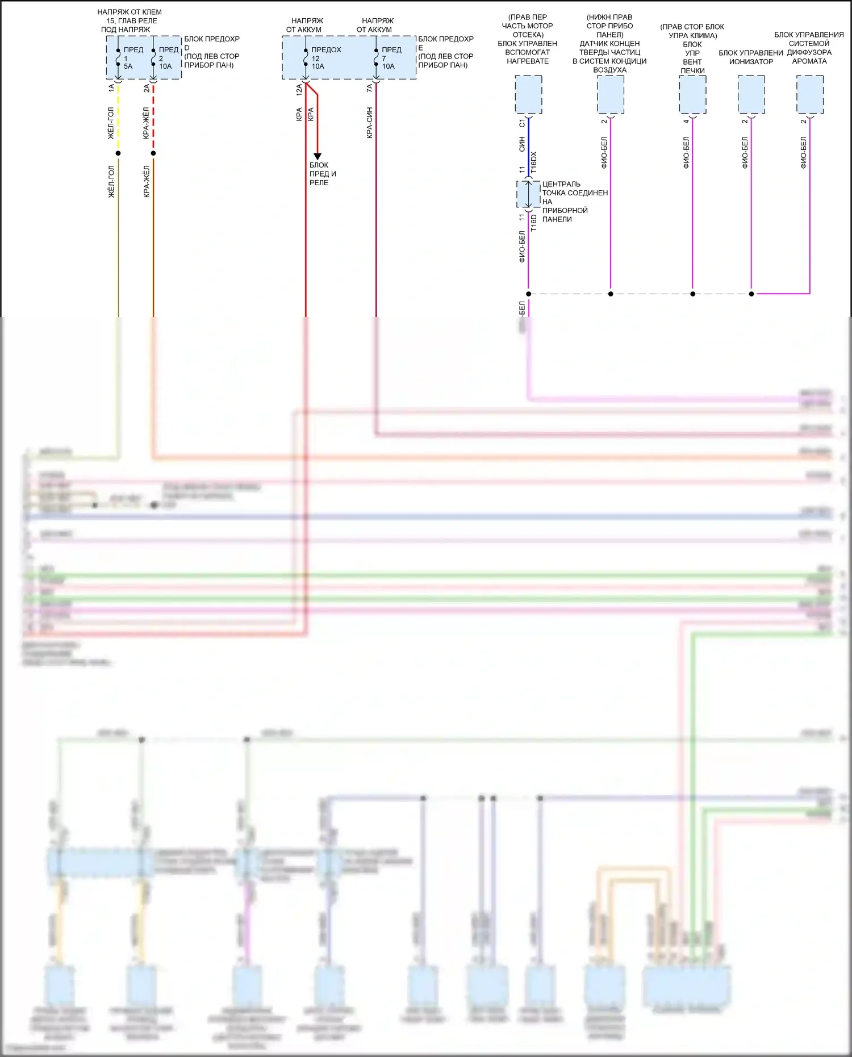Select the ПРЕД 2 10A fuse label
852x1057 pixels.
pyautogui.click(x=168, y=58)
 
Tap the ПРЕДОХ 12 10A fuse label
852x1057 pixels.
pyautogui.click(x=325, y=58)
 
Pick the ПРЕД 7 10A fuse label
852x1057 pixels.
pyautogui.click(x=391, y=58)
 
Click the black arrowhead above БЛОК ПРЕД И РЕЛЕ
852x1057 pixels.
pyautogui.click(x=318, y=156)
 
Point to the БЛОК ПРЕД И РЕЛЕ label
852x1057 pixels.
pyautogui.click(x=322, y=174)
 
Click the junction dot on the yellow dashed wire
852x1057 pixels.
pyautogui.click(x=118, y=153)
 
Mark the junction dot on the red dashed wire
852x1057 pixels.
pyautogui.click(x=153, y=153)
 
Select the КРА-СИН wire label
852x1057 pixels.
pyautogui.click(x=369, y=123)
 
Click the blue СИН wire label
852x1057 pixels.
pyautogui.click(x=521, y=144)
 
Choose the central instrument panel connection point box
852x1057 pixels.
pyautogui.click(x=528, y=194)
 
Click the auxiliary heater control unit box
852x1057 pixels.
pyautogui.click(x=528, y=95)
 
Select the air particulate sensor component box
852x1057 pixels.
pyautogui.click(x=611, y=95)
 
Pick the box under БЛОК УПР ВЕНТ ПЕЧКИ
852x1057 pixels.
pyautogui.click(x=692, y=95)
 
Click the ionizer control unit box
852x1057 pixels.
pyautogui.click(x=751, y=95)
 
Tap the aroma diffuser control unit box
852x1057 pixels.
pyautogui.click(x=809, y=95)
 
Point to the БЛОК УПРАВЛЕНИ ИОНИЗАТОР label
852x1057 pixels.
pyautogui.click(x=751, y=57)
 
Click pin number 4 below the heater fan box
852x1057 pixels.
pyautogui.click(x=686, y=121)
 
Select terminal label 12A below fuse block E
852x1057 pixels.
pyautogui.click(x=299, y=89)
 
